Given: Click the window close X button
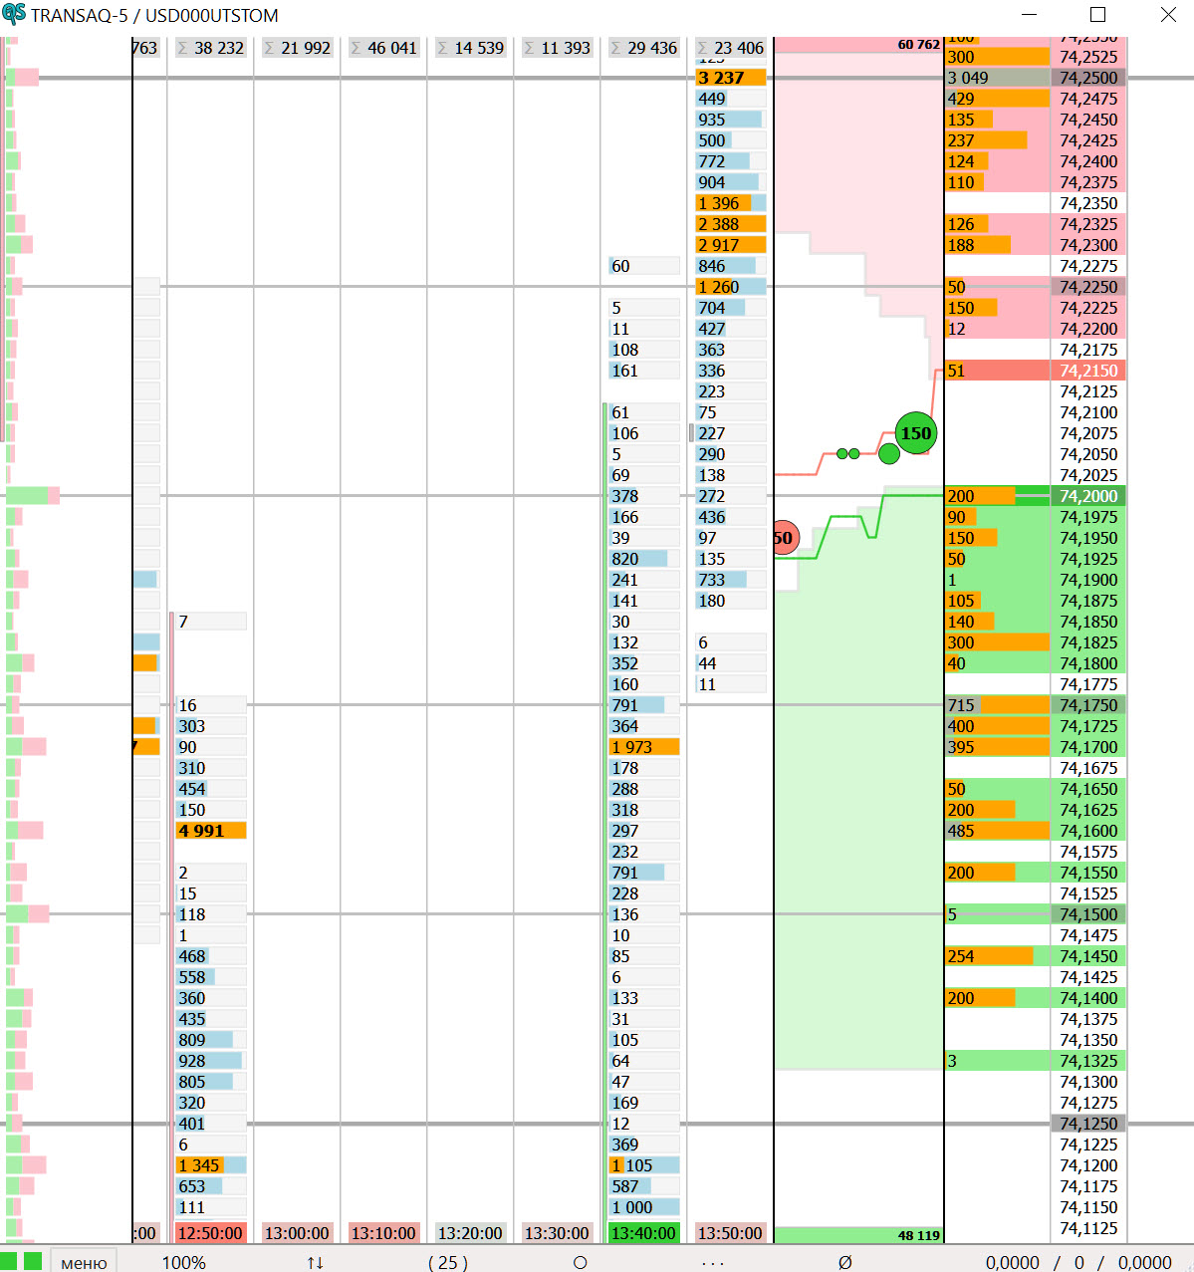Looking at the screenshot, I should [x=1168, y=15].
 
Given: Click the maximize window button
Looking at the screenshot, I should [x=1097, y=15].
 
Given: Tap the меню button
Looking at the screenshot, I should [x=84, y=1262].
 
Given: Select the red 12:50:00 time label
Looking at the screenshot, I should [x=210, y=1233].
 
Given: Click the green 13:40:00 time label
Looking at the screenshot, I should [x=643, y=1233].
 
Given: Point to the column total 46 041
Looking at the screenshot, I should [x=383, y=48].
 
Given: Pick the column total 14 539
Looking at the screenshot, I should [x=470, y=48].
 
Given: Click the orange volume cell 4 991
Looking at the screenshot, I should [x=210, y=831].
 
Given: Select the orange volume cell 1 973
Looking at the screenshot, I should [x=643, y=747].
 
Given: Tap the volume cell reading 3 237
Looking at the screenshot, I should [x=730, y=78].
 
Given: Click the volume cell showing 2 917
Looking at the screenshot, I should [x=730, y=245].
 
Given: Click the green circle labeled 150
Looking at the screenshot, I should [x=915, y=433].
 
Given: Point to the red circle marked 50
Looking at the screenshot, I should [x=785, y=538].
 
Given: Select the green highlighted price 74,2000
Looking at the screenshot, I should [x=1088, y=496].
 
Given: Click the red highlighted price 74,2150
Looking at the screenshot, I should [x=1088, y=371].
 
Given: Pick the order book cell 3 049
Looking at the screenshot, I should [x=996, y=78].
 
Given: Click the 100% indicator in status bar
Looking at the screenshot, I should [x=184, y=1262].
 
